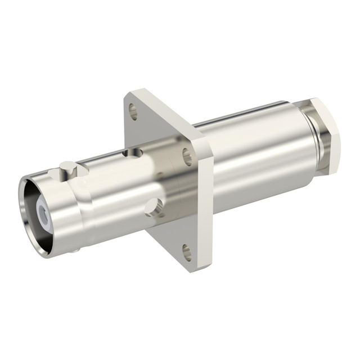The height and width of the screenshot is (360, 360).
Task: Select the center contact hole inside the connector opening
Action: click(44, 212)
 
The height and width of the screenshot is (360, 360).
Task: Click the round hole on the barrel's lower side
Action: click(154, 208)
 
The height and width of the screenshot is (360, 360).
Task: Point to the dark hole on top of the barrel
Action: click(132, 152)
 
